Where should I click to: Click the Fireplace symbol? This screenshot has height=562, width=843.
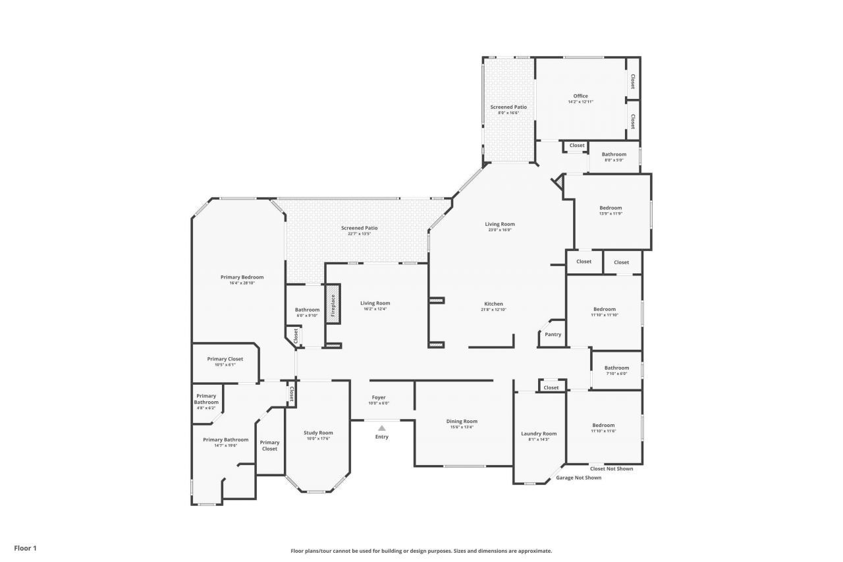click(x=333, y=305)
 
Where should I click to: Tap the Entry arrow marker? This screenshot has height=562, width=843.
click(x=381, y=428)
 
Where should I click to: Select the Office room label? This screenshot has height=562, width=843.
click(x=580, y=96)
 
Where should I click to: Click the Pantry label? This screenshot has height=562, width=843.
click(x=553, y=335)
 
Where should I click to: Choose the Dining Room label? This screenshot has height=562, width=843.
click(x=462, y=421)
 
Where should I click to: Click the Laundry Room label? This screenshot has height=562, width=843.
click(x=539, y=434)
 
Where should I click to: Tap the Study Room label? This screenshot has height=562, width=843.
click(x=318, y=433)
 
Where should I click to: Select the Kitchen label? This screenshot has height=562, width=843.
click(x=494, y=304)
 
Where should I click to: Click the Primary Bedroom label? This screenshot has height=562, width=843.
click(x=242, y=277)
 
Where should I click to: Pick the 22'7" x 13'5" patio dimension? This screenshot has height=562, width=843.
click(x=359, y=234)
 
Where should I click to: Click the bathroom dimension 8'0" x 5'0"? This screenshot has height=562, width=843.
click(x=614, y=160)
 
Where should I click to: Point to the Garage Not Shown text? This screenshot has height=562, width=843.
click(x=578, y=478)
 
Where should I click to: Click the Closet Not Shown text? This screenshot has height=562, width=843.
click(x=611, y=469)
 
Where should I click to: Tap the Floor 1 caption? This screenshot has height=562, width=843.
click(x=25, y=548)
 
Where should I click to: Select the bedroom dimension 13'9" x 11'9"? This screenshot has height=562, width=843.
click(x=611, y=213)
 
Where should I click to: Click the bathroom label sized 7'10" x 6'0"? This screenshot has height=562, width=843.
click(x=616, y=368)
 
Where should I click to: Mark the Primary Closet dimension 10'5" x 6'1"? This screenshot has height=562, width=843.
click(x=225, y=365)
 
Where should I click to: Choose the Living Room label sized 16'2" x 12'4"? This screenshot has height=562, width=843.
click(x=375, y=303)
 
